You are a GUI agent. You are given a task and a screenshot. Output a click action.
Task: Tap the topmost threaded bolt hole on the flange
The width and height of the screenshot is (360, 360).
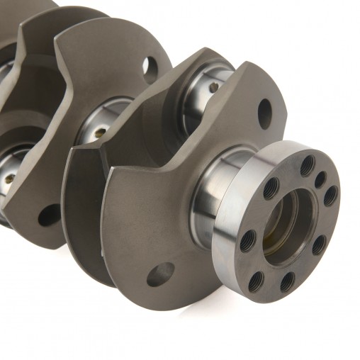click(x=307, y=165)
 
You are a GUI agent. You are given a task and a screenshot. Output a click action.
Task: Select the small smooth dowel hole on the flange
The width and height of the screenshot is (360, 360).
click(x=320, y=179)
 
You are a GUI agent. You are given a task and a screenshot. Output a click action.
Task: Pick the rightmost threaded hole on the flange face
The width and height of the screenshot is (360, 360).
click(x=330, y=196)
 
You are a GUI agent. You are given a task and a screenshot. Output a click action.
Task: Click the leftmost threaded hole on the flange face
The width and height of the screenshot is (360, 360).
click(x=248, y=241)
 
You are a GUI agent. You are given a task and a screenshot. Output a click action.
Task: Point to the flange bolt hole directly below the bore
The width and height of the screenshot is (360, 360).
click(x=287, y=282)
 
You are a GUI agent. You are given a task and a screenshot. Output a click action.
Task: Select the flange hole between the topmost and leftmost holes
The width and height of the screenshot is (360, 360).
click(x=271, y=188)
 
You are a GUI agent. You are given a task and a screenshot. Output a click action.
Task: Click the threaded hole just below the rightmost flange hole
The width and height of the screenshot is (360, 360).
click(x=320, y=244)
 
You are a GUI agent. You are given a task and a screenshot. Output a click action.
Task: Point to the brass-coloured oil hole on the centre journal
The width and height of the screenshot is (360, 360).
click(x=100, y=132)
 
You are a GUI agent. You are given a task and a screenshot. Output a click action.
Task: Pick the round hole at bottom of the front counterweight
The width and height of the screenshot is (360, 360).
click(x=160, y=274)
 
